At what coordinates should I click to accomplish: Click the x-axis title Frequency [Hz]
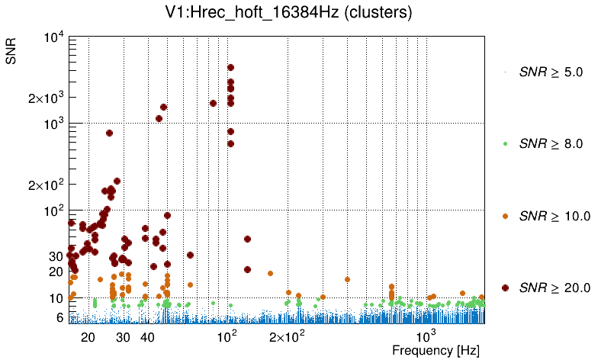(x=435, y=351)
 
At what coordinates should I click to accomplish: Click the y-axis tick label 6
(x=59, y=317)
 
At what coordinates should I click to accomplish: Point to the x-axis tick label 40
(x=148, y=337)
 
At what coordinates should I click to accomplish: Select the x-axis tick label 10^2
(x=228, y=336)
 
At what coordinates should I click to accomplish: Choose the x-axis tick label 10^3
(x=426, y=336)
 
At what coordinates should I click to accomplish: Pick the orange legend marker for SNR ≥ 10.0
(x=506, y=216)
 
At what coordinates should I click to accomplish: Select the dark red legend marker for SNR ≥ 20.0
(x=506, y=288)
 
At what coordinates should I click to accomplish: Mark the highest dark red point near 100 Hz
(x=230, y=68)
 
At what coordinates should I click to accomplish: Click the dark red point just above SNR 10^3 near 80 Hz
(x=213, y=103)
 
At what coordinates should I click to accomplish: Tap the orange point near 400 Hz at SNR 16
(x=347, y=279)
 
